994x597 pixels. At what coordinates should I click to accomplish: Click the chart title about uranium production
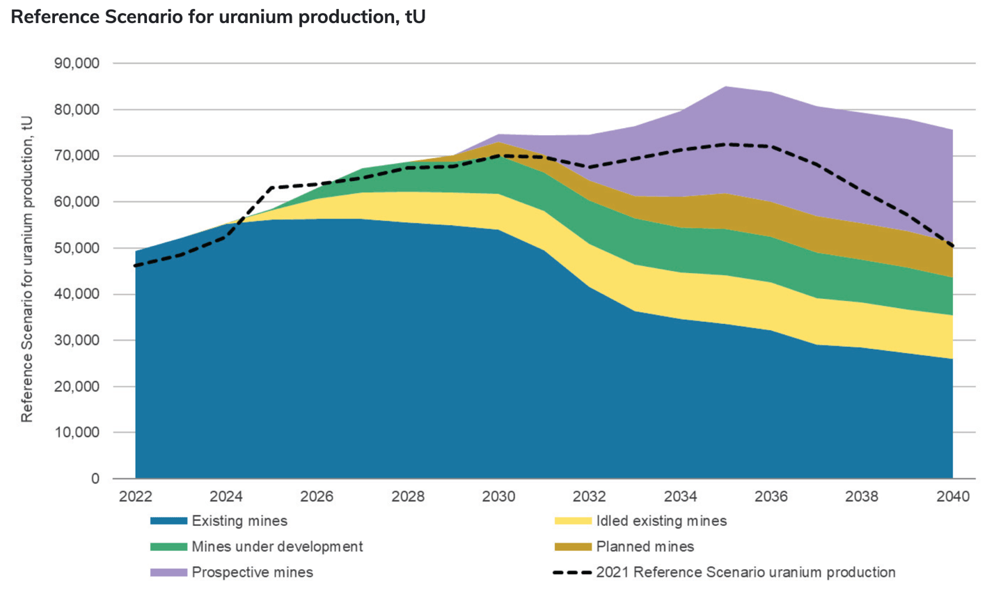(218, 17)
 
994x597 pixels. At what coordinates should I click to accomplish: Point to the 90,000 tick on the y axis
(77, 63)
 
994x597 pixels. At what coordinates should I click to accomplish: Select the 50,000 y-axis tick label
(77, 248)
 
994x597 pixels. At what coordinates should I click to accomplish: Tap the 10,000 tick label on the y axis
(77, 433)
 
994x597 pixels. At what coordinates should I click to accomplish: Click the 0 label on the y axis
(95, 479)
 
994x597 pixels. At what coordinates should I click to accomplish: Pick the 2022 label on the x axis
(135, 497)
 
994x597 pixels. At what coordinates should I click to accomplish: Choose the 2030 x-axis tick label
(498, 497)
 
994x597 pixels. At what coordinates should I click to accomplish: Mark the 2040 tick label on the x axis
(952, 497)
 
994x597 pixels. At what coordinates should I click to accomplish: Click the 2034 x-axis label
(680, 497)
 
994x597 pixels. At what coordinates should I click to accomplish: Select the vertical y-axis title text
(26, 269)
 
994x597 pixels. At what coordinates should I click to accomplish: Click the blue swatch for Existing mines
(168, 521)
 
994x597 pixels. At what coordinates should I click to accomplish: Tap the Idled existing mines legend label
(661, 521)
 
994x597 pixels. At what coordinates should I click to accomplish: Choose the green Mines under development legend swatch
(168, 547)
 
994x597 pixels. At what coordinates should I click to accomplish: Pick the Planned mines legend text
(645, 547)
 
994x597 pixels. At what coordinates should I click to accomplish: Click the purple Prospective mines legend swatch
(168, 573)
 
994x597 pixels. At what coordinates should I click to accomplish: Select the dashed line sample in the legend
(572, 573)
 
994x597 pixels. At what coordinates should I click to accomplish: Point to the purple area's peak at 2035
(725, 87)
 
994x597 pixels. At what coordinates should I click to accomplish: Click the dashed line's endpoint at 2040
(952, 246)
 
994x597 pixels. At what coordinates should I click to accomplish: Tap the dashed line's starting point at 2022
(136, 265)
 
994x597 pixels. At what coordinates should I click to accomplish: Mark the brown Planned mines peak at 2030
(498, 143)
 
